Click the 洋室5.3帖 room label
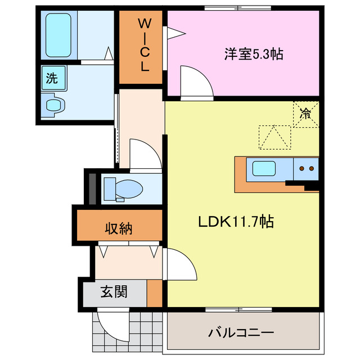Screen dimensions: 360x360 (254, 55)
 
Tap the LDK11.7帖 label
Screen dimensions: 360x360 (236, 222)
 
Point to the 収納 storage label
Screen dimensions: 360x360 (119, 228)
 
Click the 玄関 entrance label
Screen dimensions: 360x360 (114, 292)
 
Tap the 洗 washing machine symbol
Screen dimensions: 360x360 (52, 78)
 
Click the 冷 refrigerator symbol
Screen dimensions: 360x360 (305, 114)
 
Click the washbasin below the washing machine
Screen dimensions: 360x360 (53, 105)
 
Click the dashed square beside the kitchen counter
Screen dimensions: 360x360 (274, 137)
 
